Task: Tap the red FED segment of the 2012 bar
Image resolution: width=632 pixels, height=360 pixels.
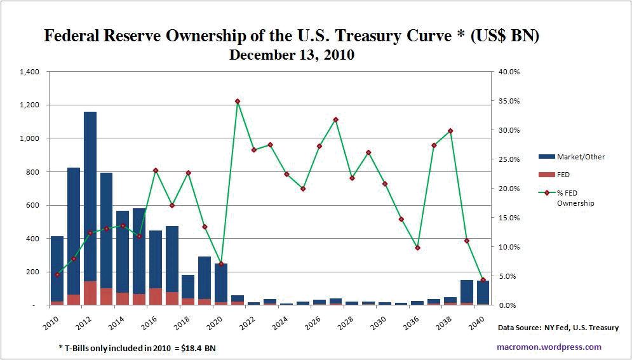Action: (x=90, y=293)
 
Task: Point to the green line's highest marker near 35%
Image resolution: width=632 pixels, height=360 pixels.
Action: (x=238, y=101)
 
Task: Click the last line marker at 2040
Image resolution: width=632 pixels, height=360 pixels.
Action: (x=483, y=280)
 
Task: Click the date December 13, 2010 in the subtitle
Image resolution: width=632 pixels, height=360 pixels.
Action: (x=292, y=55)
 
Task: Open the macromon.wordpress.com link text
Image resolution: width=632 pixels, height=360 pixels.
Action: (x=549, y=347)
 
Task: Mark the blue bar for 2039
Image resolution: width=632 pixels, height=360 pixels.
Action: (x=467, y=291)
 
